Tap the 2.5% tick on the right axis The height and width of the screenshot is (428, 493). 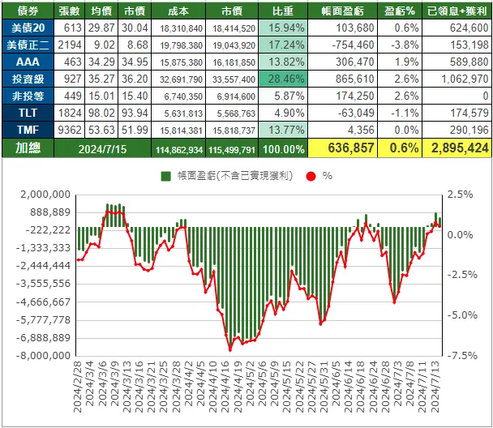(460, 195)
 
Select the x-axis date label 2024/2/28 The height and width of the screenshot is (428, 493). (78, 390)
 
